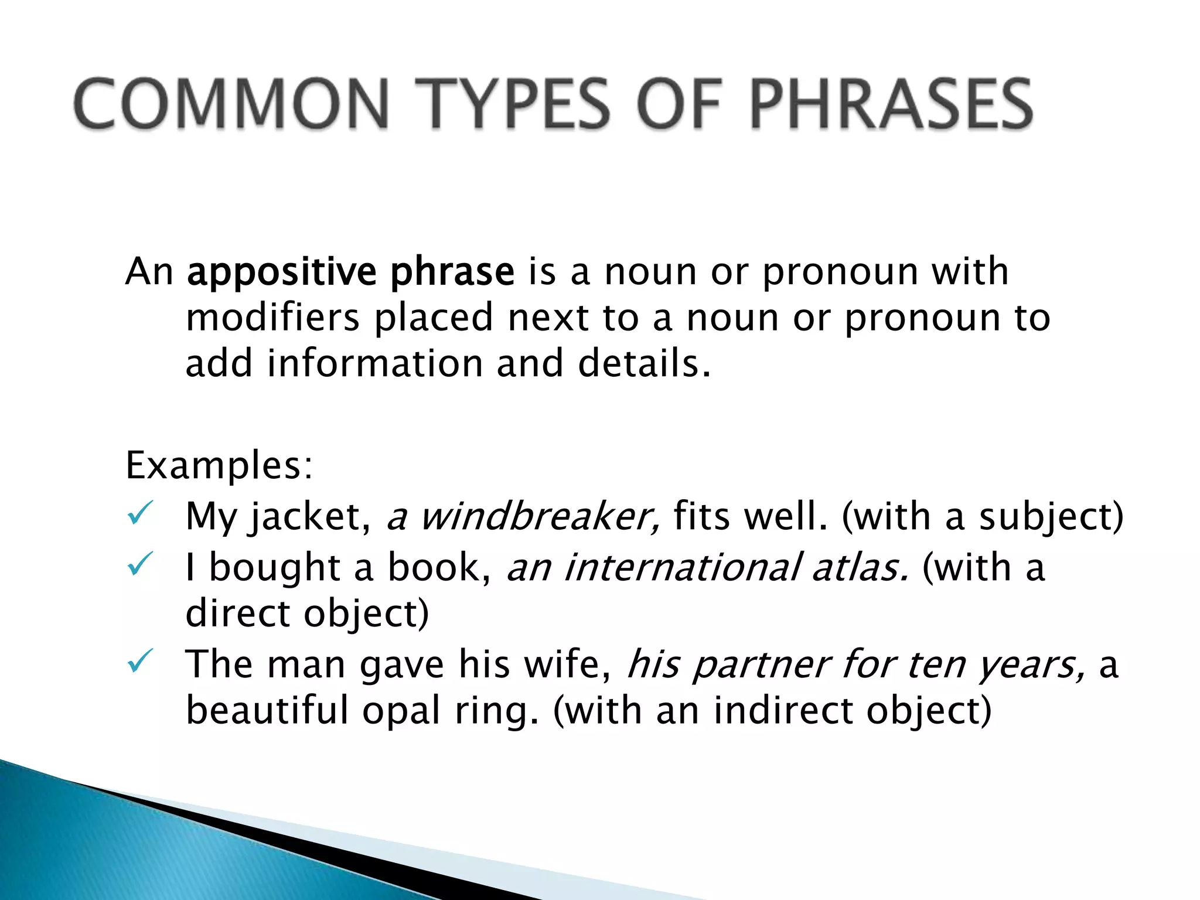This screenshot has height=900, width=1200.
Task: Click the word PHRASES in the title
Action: coord(891,104)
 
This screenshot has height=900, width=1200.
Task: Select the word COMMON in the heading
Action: coord(231,104)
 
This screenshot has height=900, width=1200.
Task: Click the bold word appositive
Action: coord(281,272)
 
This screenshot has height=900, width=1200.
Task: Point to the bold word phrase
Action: coord(452,272)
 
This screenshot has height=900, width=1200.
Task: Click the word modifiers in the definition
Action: coord(272,318)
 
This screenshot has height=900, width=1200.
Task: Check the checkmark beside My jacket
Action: coord(140,513)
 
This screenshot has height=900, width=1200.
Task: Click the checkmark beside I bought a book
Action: coord(140,564)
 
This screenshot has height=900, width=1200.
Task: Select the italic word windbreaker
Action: coord(539,517)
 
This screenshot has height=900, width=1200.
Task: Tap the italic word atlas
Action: coord(860,568)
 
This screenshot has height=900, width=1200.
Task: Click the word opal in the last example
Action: coord(401,711)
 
